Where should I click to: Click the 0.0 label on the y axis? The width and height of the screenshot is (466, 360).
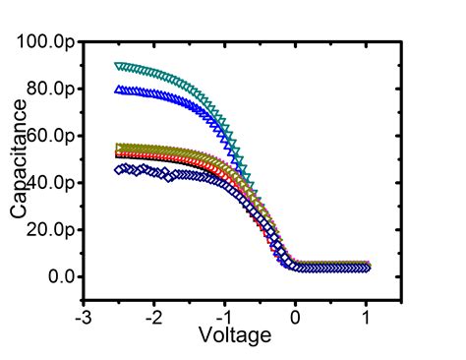pyautogui.click(x=61, y=277)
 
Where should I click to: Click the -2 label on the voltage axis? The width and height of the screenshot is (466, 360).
pyautogui.click(x=154, y=318)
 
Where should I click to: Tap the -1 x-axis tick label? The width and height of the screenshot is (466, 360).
pyautogui.click(x=224, y=318)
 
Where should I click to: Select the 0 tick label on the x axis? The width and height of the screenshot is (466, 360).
pyautogui.click(x=295, y=318)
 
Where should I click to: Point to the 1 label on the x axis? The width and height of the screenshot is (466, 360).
pyautogui.click(x=366, y=318)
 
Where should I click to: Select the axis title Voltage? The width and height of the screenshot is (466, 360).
pyautogui.click(x=234, y=335)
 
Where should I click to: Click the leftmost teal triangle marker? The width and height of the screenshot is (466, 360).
pyautogui.click(x=119, y=66)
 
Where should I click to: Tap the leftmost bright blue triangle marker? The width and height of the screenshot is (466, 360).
pyautogui.click(x=119, y=90)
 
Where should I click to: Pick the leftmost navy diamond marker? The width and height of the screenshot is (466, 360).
pyautogui.click(x=119, y=169)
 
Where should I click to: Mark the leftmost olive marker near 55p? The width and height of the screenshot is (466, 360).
pyautogui.click(x=119, y=147)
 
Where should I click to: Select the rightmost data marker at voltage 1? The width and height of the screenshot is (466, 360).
pyautogui.click(x=366, y=267)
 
